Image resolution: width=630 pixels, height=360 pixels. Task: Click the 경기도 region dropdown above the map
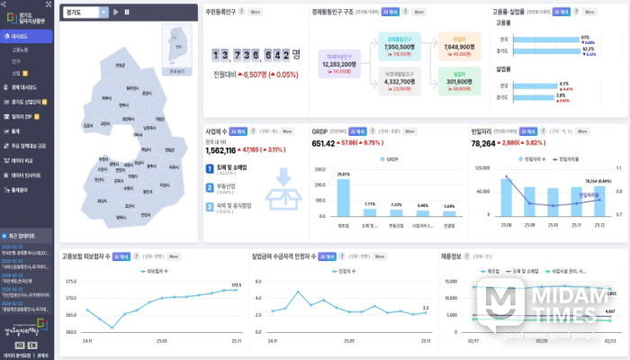pos(86,13)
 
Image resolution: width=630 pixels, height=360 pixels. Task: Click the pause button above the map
pos(127,13)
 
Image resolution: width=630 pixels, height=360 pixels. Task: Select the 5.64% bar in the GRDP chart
pos(449,212)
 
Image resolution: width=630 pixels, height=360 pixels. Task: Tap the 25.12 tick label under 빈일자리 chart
pos(601,223)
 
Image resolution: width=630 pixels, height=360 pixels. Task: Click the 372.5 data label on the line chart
pos(237,284)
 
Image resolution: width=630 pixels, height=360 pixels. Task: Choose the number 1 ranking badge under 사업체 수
pos(210,166)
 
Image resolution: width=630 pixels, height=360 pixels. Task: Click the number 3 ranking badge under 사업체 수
pos(210,205)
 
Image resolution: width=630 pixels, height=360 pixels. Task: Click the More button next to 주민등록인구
pos(256,12)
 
